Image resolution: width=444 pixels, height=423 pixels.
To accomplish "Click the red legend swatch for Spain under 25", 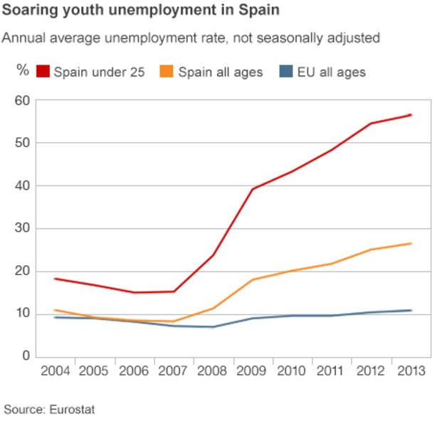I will (43, 71).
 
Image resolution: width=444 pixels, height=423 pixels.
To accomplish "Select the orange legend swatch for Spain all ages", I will (169, 71).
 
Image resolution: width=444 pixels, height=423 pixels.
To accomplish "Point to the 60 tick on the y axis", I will (22, 101).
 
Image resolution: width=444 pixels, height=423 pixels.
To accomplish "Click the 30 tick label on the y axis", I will (22, 228).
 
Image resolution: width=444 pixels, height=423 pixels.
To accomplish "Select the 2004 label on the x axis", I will (55, 371).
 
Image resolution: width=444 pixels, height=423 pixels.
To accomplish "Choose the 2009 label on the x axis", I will (253, 371).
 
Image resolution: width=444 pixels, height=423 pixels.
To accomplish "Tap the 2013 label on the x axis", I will (411, 371).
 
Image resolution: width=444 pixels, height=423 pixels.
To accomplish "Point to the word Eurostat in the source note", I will (71, 409).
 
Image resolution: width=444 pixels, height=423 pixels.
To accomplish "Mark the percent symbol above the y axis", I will (23, 70).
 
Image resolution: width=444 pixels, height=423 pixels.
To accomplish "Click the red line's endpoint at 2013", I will (411, 114).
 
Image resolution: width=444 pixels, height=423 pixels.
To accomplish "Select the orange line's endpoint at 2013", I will (411, 243).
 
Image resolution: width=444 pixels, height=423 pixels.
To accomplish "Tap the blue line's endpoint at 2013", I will (411, 310).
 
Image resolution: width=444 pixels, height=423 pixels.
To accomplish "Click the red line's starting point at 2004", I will (55, 279).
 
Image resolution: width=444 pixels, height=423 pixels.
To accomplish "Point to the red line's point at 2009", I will (253, 189).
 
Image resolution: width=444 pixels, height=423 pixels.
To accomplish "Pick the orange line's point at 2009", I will (253, 279).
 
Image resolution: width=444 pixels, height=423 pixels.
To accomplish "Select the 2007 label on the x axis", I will (174, 371).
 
